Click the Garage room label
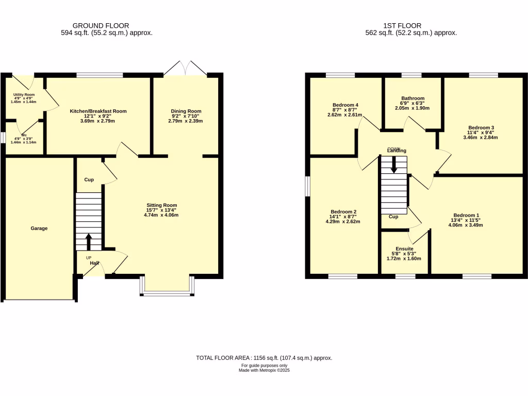click(x=39, y=228)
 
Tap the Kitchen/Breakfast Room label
click(x=98, y=111)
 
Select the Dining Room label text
click(x=186, y=111)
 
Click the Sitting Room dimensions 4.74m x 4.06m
click(x=161, y=215)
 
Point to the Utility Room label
click(x=24, y=95)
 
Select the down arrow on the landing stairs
click(x=394, y=165)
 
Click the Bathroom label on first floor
click(x=412, y=98)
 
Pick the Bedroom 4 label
click(x=345, y=105)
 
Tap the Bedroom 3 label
click(x=481, y=127)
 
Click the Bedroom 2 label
click(x=343, y=212)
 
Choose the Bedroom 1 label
click(x=466, y=216)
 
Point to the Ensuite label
click(x=404, y=248)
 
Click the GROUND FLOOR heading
click(x=101, y=25)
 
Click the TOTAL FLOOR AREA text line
click(x=264, y=358)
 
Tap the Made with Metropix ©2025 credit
click(x=264, y=370)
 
